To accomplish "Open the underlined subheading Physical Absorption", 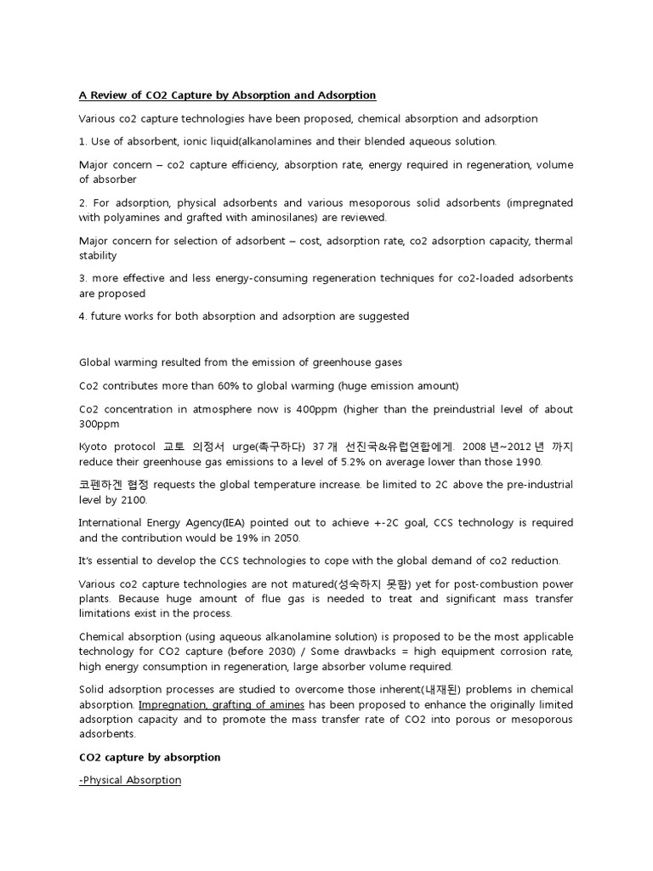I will pyautogui.click(x=131, y=779).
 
